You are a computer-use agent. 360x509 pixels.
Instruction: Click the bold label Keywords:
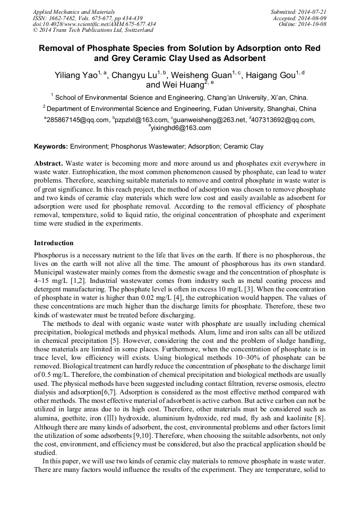[x=51, y=146]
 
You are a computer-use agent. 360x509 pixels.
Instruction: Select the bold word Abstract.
[x=49, y=163]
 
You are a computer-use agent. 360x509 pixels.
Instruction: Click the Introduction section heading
[x=54, y=243]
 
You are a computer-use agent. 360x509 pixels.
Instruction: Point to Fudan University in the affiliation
[x=237, y=108]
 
